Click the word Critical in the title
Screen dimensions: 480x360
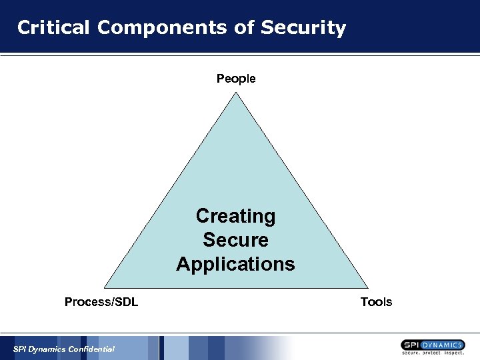[x=54, y=28]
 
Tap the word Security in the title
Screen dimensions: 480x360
[x=303, y=28]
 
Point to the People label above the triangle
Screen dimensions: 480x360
[x=236, y=79]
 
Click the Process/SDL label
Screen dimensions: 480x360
[x=101, y=302]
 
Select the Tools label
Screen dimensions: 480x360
[x=376, y=302]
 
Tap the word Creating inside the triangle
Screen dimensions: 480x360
[x=235, y=216]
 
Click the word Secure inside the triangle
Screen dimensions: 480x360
[x=235, y=240]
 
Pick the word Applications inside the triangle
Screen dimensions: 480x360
[x=235, y=264]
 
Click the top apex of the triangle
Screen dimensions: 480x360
[x=236, y=92]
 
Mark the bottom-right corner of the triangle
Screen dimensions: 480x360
[x=365, y=289]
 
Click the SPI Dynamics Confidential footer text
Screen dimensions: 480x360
[x=64, y=349]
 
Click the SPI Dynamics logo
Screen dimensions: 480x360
[x=433, y=347]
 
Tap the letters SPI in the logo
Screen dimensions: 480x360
[x=411, y=345]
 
